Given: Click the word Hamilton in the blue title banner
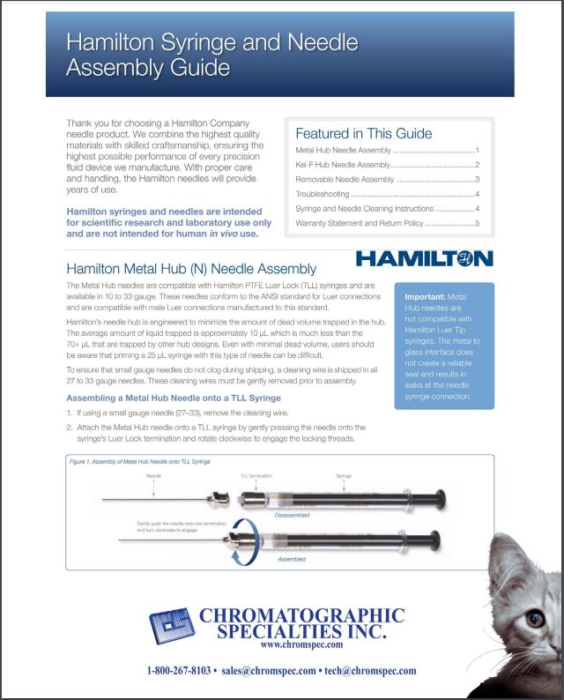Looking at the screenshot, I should (108, 42).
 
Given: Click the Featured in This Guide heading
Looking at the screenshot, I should (363, 133).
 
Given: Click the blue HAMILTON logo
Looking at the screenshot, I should (425, 258).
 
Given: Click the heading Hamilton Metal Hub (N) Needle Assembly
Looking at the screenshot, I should (191, 268).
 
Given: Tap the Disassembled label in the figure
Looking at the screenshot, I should (292, 514).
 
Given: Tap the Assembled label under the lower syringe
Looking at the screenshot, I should (292, 560).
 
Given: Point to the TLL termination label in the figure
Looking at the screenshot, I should (256, 475).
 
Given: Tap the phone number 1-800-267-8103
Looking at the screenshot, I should (179, 670).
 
